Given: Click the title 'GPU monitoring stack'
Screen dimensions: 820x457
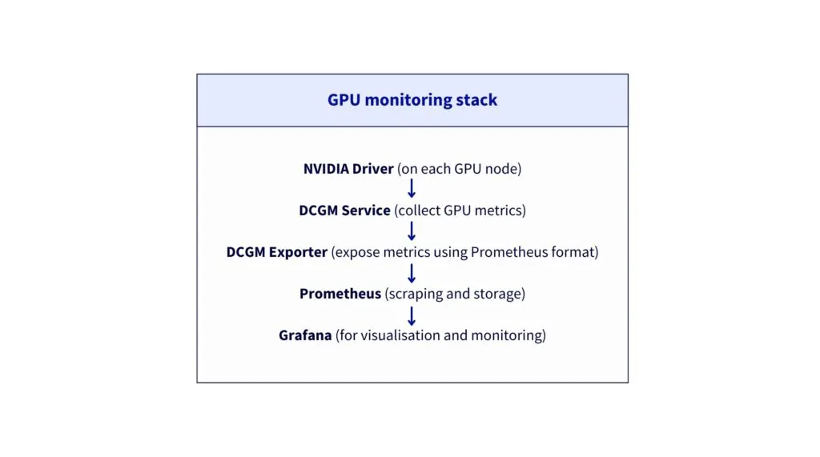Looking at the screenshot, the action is [412, 100].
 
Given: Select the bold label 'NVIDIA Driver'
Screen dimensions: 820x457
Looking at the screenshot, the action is [348, 169].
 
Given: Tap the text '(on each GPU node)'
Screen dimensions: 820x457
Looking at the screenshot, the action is [459, 169].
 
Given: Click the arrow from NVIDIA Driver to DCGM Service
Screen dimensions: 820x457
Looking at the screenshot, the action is [412, 188].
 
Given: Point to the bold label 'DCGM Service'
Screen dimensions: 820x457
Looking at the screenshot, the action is [344, 210].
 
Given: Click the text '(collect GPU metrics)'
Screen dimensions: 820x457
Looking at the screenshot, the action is [460, 210].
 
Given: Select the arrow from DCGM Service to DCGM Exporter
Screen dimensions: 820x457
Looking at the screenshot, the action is [412, 231].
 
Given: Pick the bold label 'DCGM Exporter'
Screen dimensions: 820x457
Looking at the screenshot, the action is [276, 252].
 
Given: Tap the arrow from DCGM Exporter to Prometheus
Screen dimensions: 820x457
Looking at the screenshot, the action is [412, 274].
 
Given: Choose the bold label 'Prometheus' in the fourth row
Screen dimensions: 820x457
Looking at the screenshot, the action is [340, 294].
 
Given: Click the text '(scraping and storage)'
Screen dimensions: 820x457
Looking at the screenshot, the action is [455, 294].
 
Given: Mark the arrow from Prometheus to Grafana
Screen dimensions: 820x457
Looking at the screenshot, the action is [412, 316].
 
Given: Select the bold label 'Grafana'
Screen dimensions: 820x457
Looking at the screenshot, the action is [305, 335].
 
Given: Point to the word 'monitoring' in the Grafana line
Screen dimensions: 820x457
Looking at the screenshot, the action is [506, 335].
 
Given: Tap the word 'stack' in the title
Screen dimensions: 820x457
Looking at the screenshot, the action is [476, 100].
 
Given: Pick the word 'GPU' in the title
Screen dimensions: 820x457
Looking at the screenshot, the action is [344, 100].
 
